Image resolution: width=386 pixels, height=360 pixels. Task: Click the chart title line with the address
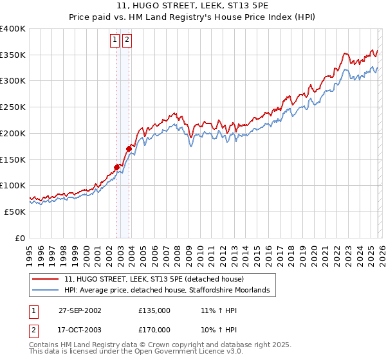pos(193,6)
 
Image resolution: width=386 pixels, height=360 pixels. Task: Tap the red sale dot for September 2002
pos(117,167)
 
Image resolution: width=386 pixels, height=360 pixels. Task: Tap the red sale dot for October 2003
pos(129,148)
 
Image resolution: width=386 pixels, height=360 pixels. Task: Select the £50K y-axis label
pos(14,212)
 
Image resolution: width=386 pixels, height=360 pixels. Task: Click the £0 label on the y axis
pos(19,238)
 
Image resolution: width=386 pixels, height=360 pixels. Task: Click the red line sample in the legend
pos(45,280)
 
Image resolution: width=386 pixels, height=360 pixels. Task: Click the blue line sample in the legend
pos(45,291)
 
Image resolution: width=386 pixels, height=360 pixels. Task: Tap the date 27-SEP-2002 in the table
pos(80,310)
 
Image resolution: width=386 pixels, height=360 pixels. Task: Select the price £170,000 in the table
pos(154,329)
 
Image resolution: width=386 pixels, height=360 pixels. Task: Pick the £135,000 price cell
pos(154,310)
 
